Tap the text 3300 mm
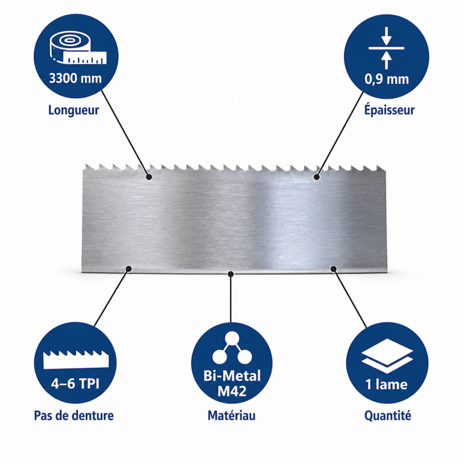pyautogui.click(x=76, y=78)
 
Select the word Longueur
pyautogui.click(x=74, y=110)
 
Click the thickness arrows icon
pyautogui.click(x=386, y=48)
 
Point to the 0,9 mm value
pyautogui.click(x=387, y=79)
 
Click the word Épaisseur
pyautogui.click(x=389, y=110)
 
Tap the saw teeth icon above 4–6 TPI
pyautogui.click(x=76, y=359)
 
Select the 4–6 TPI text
pyautogui.click(x=75, y=384)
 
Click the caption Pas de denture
pyautogui.click(x=74, y=416)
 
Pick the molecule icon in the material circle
pyautogui.click(x=232, y=348)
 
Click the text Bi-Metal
pyautogui.click(x=232, y=375)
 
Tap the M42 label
pyautogui.click(x=232, y=391)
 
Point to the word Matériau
pyautogui.click(x=231, y=415)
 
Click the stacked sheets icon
pyautogui.click(x=387, y=356)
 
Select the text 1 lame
pyautogui.click(x=387, y=384)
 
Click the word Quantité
pyautogui.click(x=388, y=416)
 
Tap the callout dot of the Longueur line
pyautogui.click(x=149, y=177)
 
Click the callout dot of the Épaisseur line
pyautogui.click(x=317, y=177)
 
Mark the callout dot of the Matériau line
pyautogui.click(x=231, y=274)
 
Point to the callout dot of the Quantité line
pyautogui.click(x=334, y=269)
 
